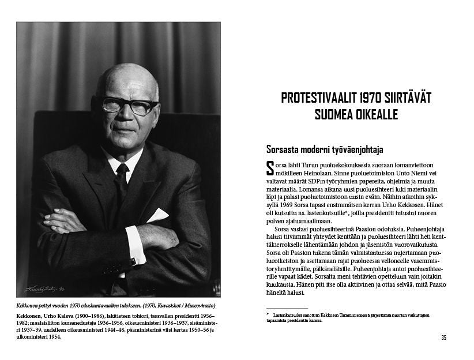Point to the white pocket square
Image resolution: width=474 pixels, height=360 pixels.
[x=157, y=216]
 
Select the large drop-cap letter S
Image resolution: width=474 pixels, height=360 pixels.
[x=270, y=168]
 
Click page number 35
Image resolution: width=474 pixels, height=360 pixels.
[x=443, y=337]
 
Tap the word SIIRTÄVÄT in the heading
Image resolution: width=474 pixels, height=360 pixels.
[x=410, y=97]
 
